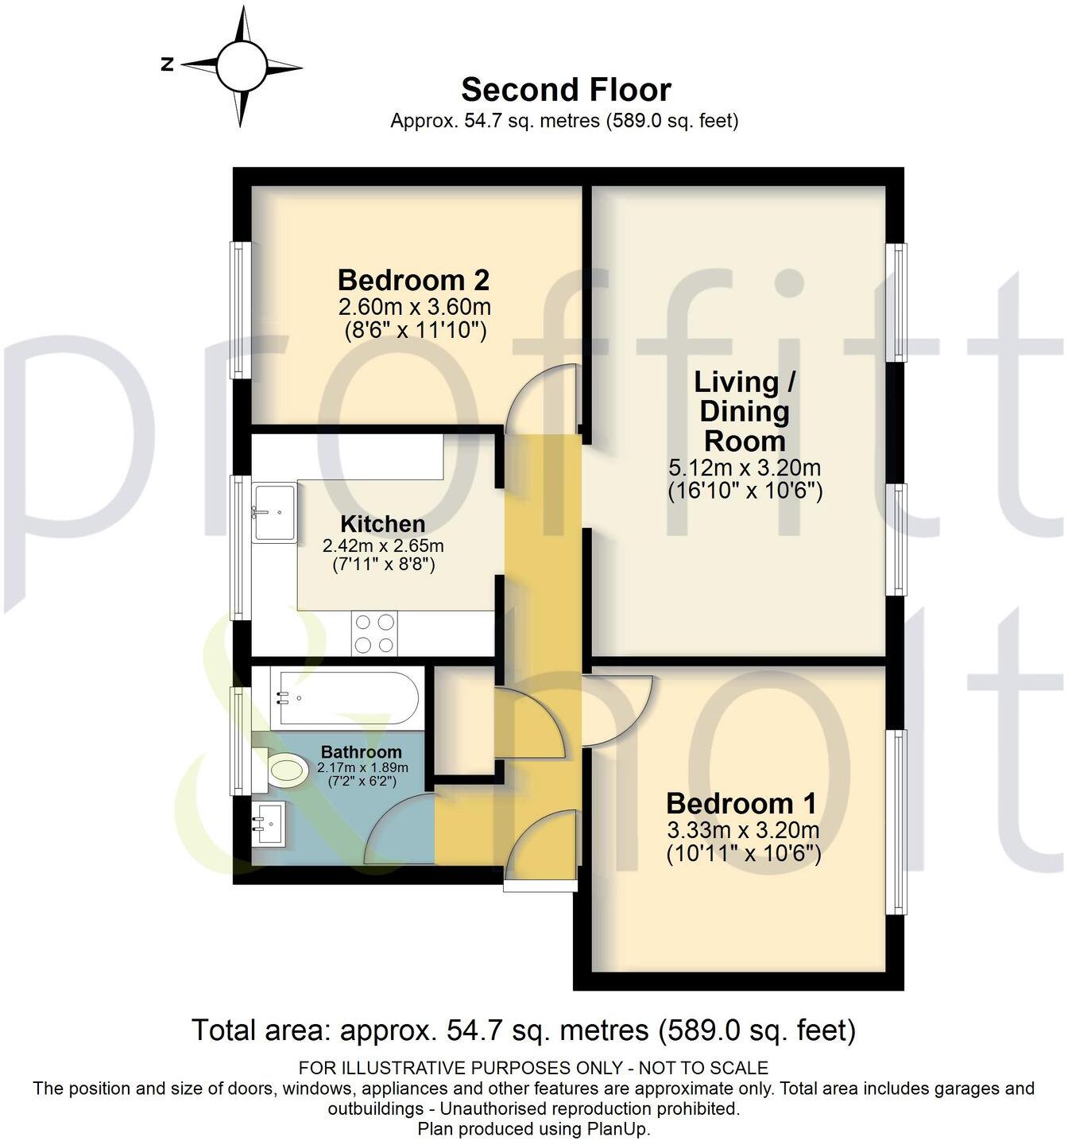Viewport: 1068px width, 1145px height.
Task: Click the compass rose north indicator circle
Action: (x=241, y=67)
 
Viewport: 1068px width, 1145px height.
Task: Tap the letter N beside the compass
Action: (x=168, y=65)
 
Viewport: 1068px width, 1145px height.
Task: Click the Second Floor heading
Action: (x=566, y=90)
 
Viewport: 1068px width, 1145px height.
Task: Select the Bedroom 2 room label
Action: (x=413, y=280)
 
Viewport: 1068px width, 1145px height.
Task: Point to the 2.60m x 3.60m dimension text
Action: (x=414, y=306)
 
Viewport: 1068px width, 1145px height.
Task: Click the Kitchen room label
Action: (x=382, y=524)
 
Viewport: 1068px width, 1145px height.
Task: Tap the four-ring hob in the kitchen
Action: (x=374, y=634)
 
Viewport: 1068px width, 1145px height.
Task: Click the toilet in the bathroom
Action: (x=282, y=770)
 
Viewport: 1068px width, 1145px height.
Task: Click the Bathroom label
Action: (x=362, y=751)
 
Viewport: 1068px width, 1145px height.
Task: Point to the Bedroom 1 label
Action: (x=741, y=804)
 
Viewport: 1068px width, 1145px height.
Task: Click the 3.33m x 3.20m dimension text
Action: (x=743, y=831)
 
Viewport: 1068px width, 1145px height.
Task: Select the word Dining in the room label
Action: (x=745, y=412)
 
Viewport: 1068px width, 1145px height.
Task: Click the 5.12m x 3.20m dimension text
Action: (x=745, y=468)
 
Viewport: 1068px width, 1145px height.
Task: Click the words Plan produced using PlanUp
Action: (x=533, y=1129)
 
